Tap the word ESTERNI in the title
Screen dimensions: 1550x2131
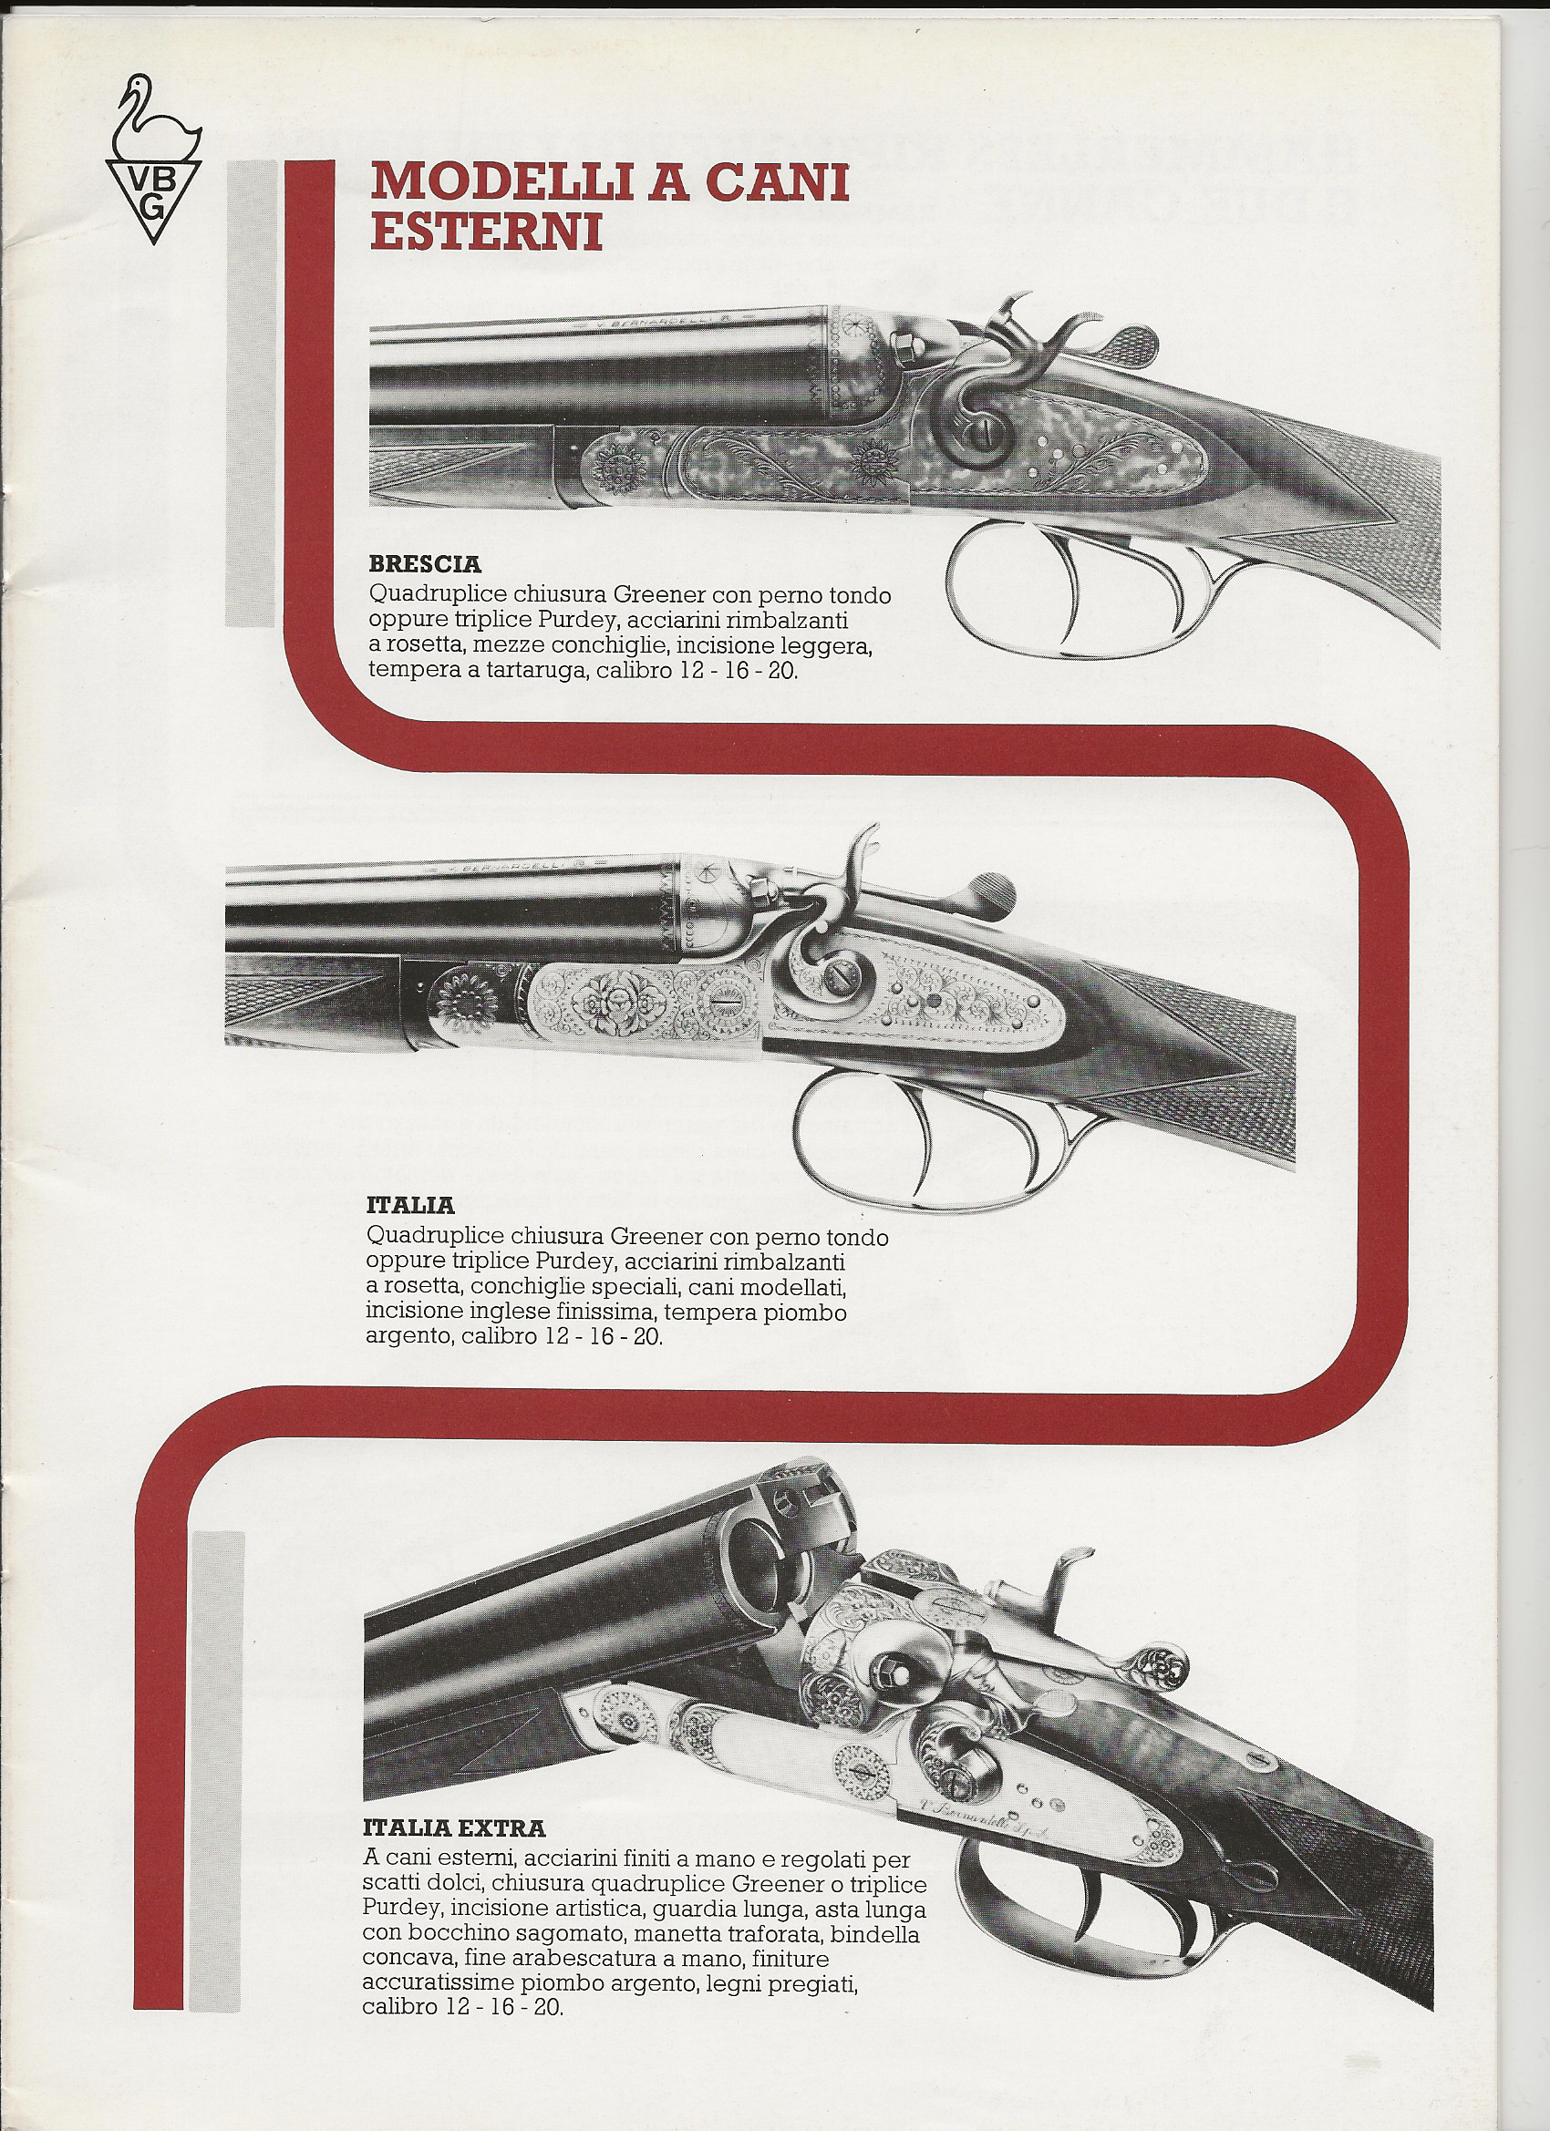tap(486, 232)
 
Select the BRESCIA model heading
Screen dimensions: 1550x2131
tap(425, 565)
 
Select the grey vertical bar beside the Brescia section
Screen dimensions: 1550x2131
tap(250, 393)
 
